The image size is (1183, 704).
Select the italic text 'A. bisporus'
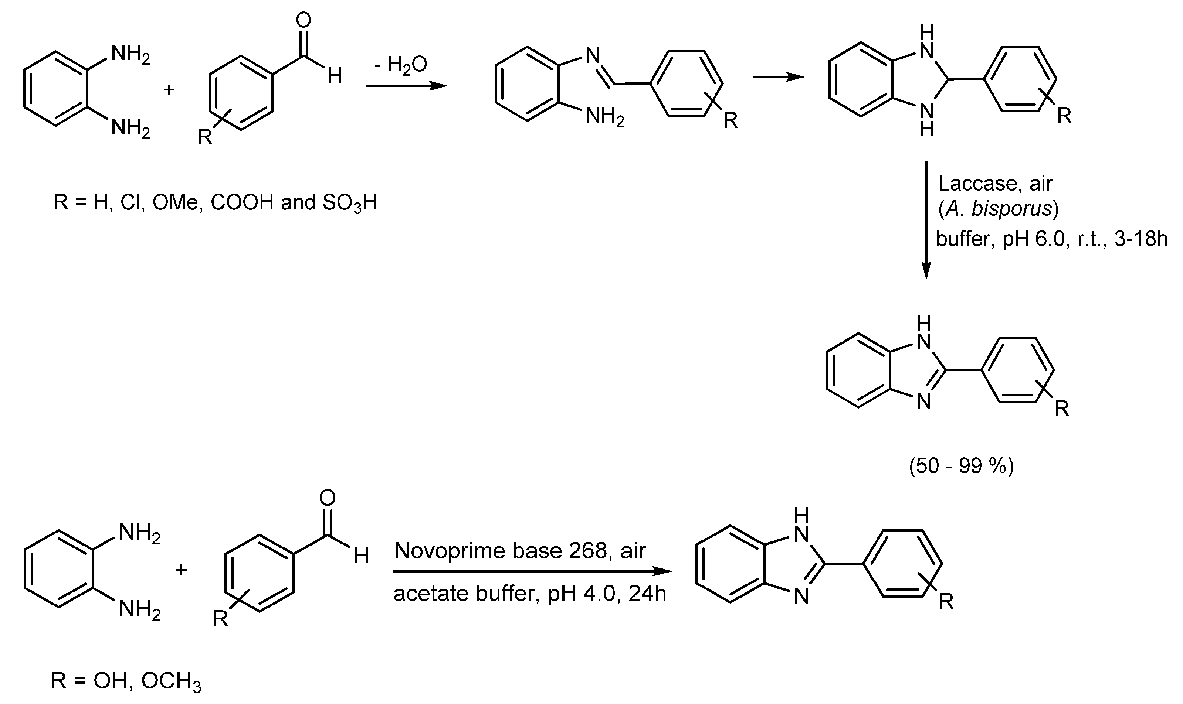pyautogui.click(x=998, y=209)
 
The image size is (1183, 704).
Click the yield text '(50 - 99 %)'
pyautogui.click(x=961, y=467)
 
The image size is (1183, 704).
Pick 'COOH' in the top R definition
pyautogui.click(x=242, y=202)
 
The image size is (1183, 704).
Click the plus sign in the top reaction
pyautogui.click(x=169, y=89)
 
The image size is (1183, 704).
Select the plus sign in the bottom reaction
pyautogui.click(x=181, y=569)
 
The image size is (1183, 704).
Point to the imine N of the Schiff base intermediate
pyautogui.click(x=593, y=55)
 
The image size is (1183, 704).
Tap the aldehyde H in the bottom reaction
pyautogui.click(x=362, y=555)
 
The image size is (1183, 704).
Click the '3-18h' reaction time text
pyautogui.click(x=1140, y=238)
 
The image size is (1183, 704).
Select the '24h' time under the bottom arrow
pyautogui.click(x=648, y=594)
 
